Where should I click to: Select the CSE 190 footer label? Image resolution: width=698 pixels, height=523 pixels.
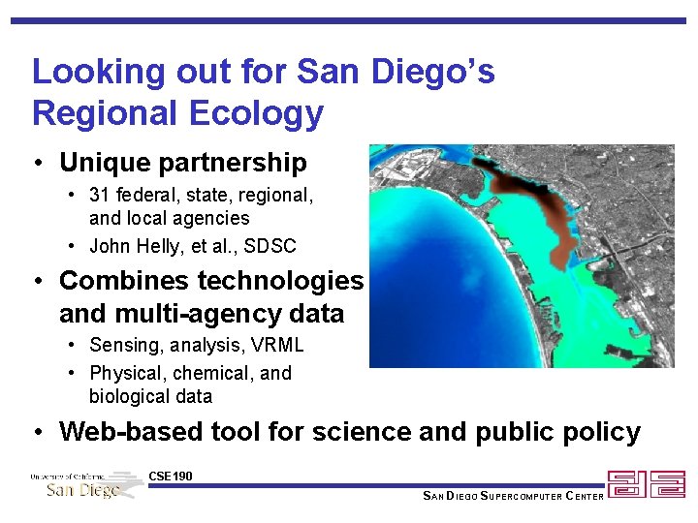click(171, 476)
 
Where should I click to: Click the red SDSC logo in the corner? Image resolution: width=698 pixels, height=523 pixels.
click(646, 484)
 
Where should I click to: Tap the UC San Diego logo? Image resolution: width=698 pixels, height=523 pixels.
click(85, 484)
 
